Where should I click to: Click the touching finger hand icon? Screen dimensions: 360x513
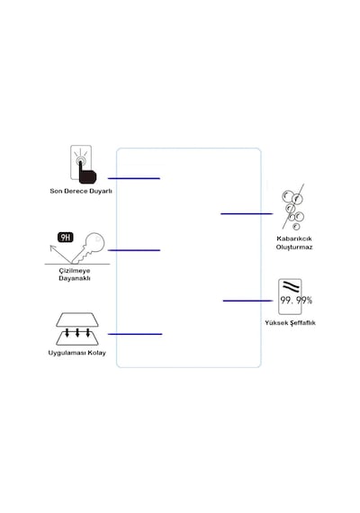(x=87, y=171)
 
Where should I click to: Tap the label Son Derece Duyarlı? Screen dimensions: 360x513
(x=81, y=191)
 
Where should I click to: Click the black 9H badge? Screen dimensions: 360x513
(x=66, y=238)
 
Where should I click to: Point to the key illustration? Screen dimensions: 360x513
(x=89, y=247)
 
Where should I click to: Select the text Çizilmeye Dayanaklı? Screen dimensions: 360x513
(x=75, y=274)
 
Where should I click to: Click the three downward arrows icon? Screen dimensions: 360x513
(x=77, y=333)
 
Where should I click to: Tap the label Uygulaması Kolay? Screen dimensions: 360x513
(x=76, y=353)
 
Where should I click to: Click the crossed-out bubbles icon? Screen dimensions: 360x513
(x=292, y=207)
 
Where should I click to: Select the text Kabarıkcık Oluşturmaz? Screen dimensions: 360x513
(x=294, y=243)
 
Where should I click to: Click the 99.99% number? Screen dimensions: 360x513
(x=296, y=300)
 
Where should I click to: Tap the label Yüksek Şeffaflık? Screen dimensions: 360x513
(x=291, y=323)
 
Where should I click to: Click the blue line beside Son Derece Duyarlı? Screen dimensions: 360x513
(x=134, y=178)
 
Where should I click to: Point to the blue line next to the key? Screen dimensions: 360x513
(x=134, y=250)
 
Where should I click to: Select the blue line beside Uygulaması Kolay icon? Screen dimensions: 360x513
(x=135, y=334)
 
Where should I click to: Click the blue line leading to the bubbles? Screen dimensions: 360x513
(x=247, y=213)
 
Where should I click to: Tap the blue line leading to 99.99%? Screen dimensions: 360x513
(x=247, y=301)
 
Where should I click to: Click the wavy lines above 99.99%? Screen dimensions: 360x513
(x=291, y=286)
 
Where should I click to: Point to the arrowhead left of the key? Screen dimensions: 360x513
(x=52, y=247)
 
